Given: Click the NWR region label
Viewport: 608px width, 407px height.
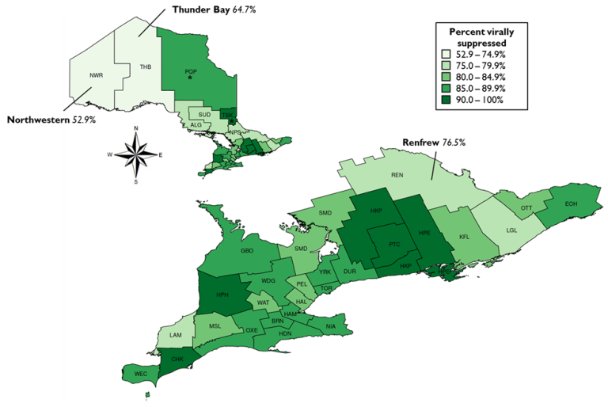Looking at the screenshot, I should click(x=97, y=75).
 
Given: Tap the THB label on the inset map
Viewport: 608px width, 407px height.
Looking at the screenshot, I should click(x=145, y=67).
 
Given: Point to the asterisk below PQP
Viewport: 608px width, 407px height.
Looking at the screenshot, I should click(x=190, y=78).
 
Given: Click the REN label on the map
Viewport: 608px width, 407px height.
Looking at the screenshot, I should click(x=398, y=175).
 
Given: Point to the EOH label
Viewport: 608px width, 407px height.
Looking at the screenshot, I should click(x=572, y=204).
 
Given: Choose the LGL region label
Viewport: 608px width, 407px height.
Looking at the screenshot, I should click(x=512, y=230).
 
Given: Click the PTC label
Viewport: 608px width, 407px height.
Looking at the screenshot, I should click(x=396, y=245).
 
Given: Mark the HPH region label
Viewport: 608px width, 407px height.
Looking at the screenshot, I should click(x=222, y=295).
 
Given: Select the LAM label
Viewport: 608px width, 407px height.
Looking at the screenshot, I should click(x=176, y=336).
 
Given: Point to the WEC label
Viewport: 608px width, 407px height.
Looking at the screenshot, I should click(x=141, y=372).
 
